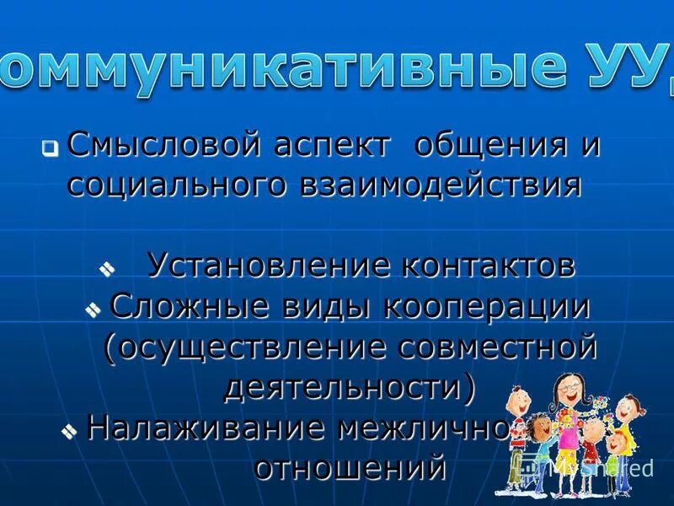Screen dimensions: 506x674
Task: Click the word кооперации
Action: tap(488, 306)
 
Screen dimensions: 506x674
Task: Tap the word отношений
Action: tap(350, 466)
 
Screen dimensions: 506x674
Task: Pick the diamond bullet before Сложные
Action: tap(93, 310)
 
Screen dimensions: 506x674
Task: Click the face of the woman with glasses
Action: tap(563, 393)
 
